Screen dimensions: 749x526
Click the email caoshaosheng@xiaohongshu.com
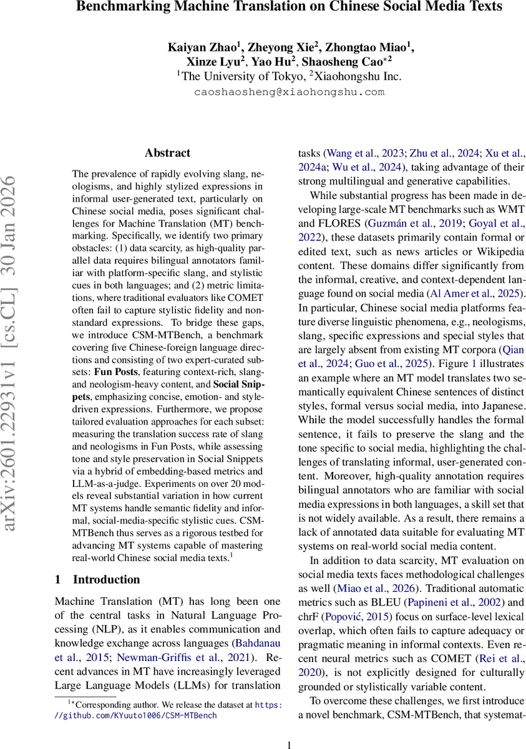click(290, 91)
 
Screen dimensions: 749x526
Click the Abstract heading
click(167, 153)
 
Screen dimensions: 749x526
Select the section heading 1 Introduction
click(97, 579)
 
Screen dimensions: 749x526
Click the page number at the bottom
click(289, 744)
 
